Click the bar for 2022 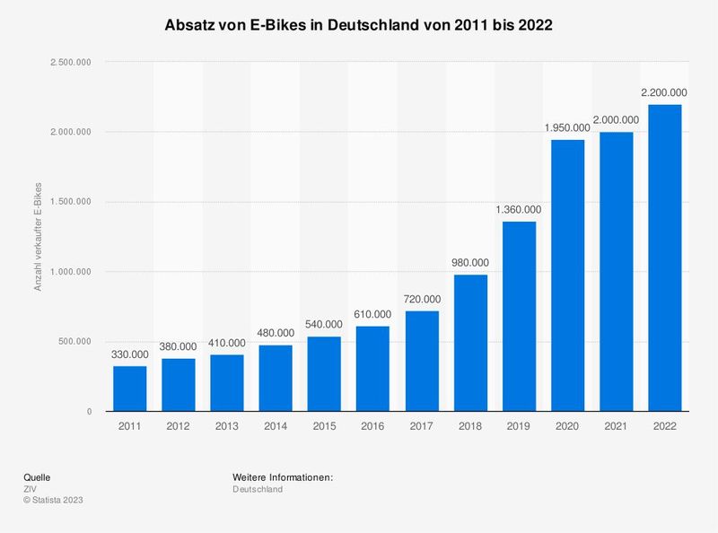point(665,258)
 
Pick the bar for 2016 point(373,369)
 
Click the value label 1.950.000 point(567,127)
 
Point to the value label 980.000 point(470,262)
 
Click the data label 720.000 point(422,299)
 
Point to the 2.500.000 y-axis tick point(72,62)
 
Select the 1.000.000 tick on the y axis point(72,272)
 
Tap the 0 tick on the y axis point(90,412)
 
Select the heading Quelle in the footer point(38,477)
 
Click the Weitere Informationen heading point(283,477)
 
